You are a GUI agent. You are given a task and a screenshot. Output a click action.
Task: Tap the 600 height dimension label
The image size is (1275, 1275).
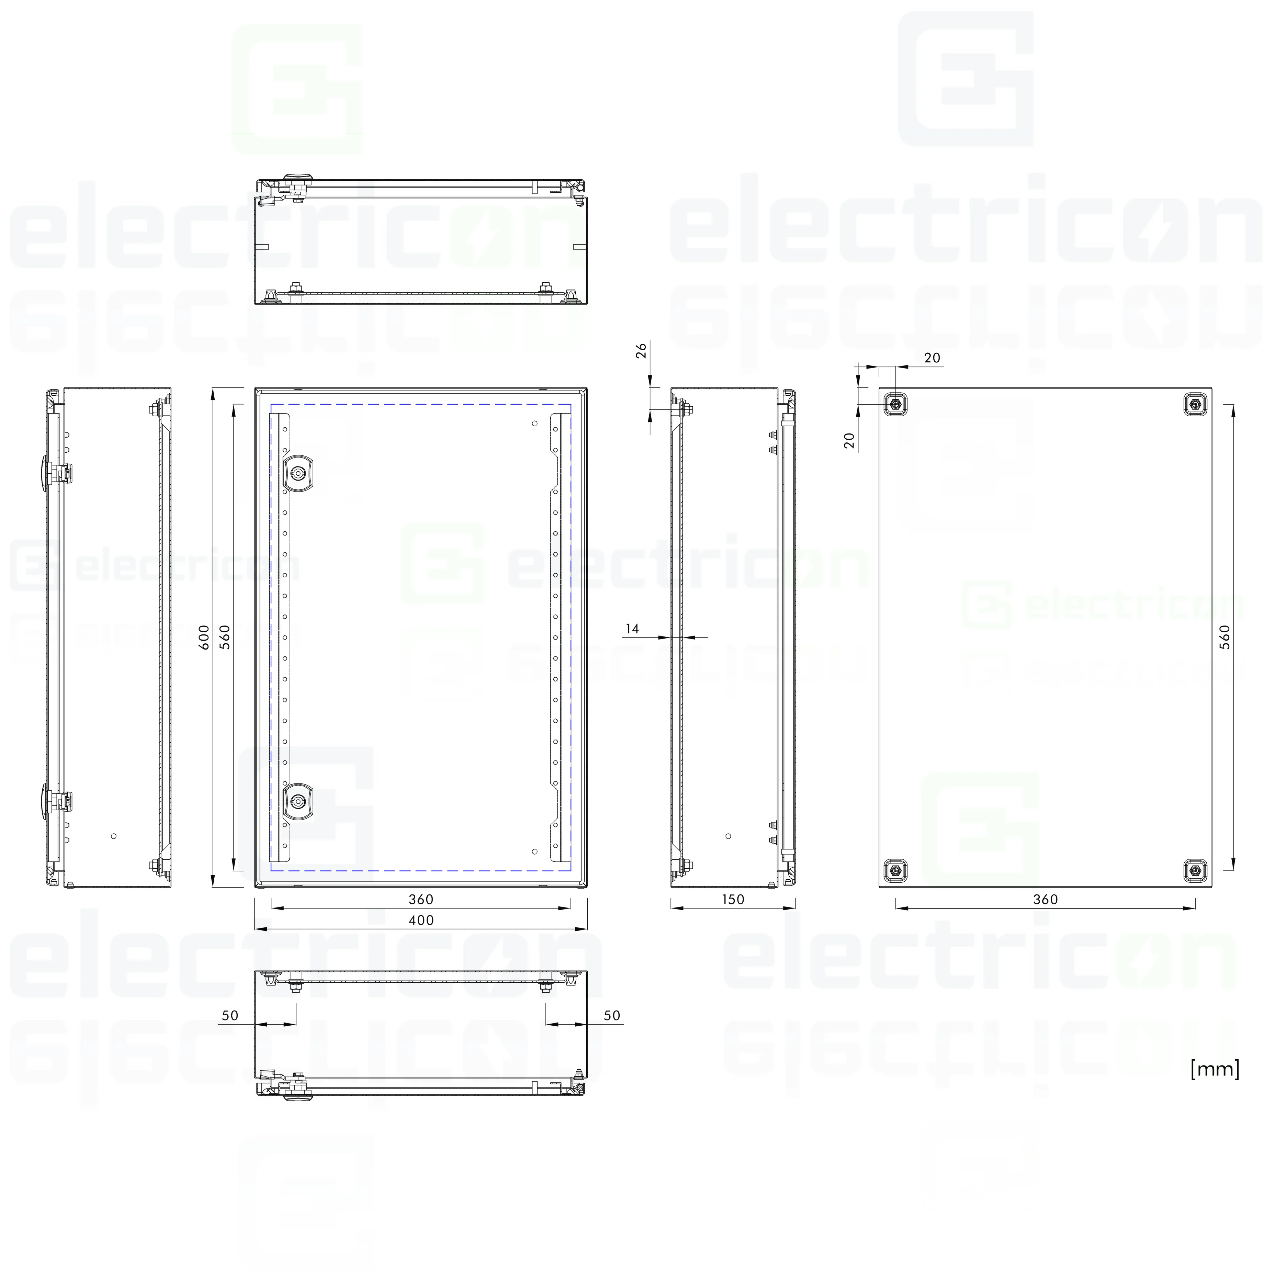205,637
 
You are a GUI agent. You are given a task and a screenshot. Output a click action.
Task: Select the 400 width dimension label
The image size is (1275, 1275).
421,920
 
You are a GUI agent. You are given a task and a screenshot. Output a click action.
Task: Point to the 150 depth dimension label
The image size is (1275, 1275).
733,900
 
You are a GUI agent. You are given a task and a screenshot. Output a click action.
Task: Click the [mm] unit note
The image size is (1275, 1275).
1214,1069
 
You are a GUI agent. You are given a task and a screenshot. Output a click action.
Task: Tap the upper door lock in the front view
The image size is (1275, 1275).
298,473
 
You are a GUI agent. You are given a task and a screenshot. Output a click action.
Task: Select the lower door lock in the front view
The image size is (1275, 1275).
298,802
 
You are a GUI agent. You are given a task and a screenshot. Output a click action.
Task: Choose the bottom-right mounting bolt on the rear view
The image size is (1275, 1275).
1195,871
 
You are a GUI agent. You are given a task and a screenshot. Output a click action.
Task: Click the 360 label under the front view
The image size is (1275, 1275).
421,900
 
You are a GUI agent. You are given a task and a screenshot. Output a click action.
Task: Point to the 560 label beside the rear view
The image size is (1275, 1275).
1225,637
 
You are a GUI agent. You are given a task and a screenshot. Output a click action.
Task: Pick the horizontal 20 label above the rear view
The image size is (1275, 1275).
932,358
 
